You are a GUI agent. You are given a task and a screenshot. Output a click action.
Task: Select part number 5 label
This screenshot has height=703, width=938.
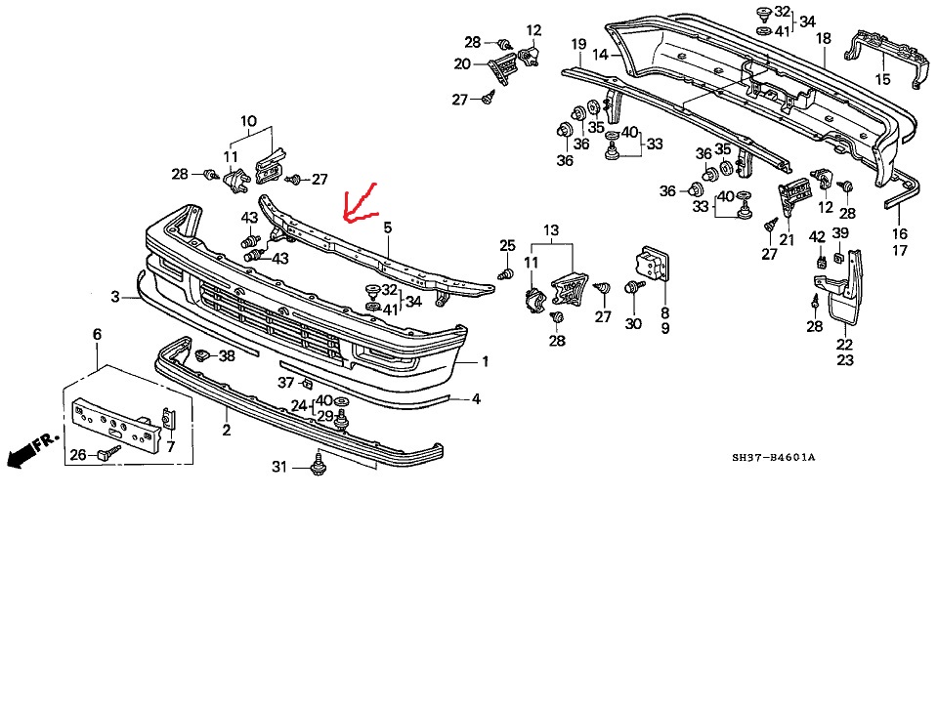click(x=388, y=227)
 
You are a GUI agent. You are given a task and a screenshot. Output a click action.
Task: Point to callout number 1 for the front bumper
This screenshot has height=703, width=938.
click(x=485, y=361)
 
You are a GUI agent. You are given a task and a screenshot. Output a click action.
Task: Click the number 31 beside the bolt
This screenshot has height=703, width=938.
click(x=279, y=468)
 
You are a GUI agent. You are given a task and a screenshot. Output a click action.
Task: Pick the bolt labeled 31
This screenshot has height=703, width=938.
click(x=318, y=467)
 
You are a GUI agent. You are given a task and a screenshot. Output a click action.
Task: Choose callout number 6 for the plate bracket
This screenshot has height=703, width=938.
click(x=97, y=335)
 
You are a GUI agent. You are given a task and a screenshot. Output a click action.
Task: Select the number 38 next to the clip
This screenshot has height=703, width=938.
click(x=227, y=356)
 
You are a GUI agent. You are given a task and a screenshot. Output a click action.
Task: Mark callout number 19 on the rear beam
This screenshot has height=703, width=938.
click(x=578, y=45)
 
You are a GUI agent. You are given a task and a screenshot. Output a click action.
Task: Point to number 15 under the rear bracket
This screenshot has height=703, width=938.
click(x=883, y=79)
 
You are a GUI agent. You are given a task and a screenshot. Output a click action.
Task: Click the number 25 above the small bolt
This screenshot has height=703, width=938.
click(x=507, y=245)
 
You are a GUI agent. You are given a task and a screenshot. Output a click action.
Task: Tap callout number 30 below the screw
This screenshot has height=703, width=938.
click(x=634, y=324)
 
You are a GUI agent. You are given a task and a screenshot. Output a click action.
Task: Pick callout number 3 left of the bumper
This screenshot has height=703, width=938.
click(x=115, y=296)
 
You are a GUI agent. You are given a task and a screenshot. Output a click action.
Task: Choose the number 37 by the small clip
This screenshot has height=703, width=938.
click(x=285, y=382)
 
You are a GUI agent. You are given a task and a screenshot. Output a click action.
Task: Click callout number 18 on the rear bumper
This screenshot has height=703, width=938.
click(x=824, y=38)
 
